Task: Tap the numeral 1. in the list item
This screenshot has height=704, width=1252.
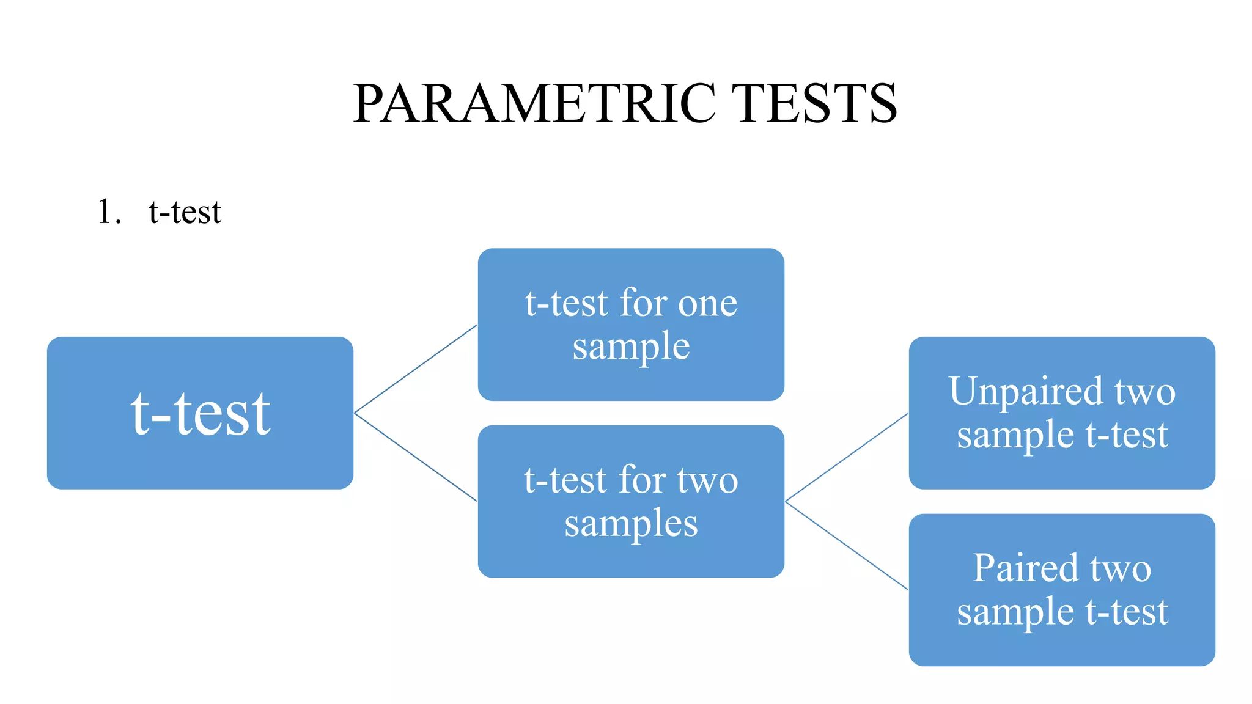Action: (x=109, y=212)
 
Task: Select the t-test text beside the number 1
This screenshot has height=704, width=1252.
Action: (x=185, y=212)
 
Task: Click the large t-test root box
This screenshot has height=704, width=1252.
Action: (x=200, y=413)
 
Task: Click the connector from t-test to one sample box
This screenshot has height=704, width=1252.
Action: (x=416, y=369)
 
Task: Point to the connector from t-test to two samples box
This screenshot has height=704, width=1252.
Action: (x=416, y=457)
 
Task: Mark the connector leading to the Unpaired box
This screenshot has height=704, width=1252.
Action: (x=847, y=457)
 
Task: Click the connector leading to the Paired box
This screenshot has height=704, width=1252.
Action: (x=847, y=545)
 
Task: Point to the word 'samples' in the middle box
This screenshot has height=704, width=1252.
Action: (x=631, y=524)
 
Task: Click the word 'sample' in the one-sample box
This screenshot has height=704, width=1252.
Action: (x=631, y=347)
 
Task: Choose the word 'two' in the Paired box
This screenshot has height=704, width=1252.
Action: (x=1121, y=568)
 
